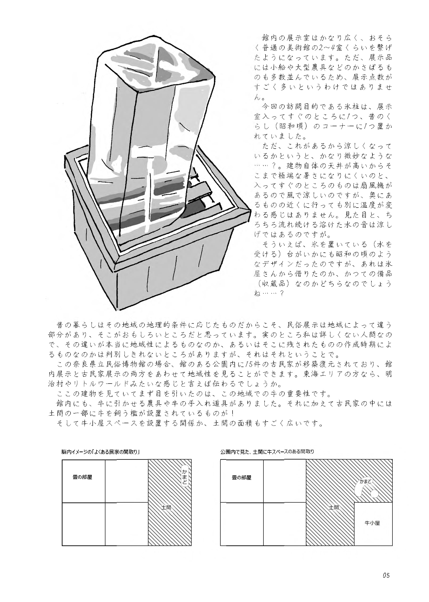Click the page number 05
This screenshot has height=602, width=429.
pyautogui.click(x=386, y=575)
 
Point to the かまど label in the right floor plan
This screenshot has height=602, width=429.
pyautogui.click(x=365, y=481)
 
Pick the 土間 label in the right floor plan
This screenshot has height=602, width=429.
pyautogui.click(x=334, y=507)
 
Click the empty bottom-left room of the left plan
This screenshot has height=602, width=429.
pyautogui.click(x=83, y=524)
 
